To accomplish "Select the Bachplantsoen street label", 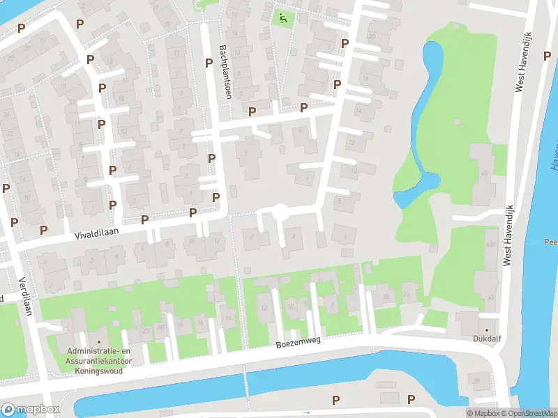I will (225, 72).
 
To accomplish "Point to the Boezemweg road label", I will (298, 343).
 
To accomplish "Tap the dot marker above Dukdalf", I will (487, 330).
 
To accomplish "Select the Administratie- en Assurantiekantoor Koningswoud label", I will (98, 362).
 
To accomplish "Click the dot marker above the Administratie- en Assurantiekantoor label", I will (98, 342).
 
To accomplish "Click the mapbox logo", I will (30, 409).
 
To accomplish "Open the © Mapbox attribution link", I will (483, 413).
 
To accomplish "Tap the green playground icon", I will (282, 18).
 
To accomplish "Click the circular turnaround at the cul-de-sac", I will (280, 212).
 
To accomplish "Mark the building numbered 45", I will (483, 172).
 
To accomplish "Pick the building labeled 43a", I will (490, 245).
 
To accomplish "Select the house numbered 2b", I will (386, 295).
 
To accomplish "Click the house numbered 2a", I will (407, 295).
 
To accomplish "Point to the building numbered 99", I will (478, 379).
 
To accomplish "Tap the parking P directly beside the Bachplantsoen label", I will (209, 63).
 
